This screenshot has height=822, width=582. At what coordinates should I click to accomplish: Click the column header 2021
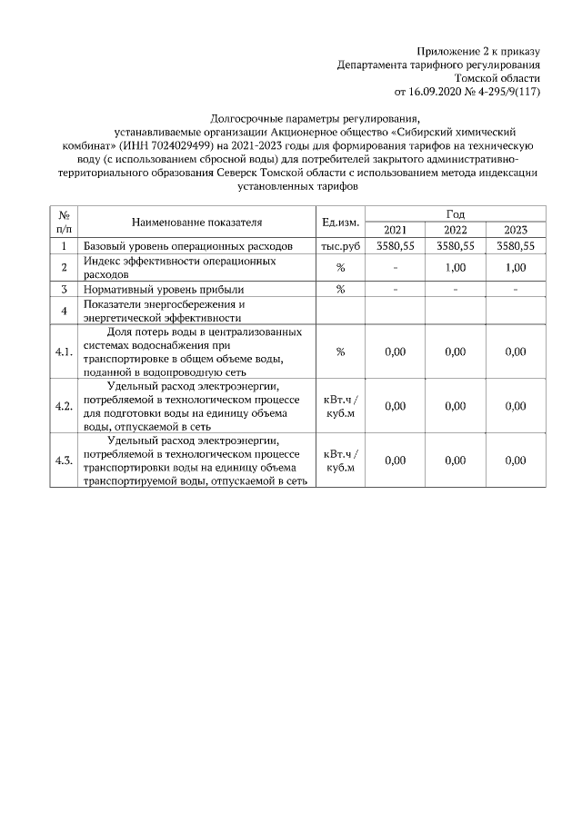pyautogui.click(x=395, y=230)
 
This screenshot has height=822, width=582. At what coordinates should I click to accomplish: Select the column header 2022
pyautogui.click(x=455, y=230)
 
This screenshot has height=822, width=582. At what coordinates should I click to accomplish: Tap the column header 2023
pyautogui.click(x=515, y=230)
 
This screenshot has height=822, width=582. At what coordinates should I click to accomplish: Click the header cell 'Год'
pyautogui.click(x=455, y=213)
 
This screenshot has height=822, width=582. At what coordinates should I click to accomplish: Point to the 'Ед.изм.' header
pyautogui.click(x=340, y=222)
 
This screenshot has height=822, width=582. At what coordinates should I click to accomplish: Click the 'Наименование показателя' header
pyautogui.click(x=196, y=222)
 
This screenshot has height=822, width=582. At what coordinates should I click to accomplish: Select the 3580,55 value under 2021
pyautogui.click(x=395, y=246)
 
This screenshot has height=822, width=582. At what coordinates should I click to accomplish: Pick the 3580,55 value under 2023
pyautogui.click(x=515, y=246)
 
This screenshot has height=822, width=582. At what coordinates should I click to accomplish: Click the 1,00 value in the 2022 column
pyautogui.click(x=455, y=268)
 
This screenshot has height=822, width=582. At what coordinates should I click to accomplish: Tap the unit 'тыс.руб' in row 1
pyautogui.click(x=340, y=246)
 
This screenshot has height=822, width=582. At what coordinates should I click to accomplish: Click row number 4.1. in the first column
pyautogui.click(x=64, y=352)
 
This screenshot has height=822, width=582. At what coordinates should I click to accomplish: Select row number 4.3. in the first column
pyautogui.click(x=64, y=461)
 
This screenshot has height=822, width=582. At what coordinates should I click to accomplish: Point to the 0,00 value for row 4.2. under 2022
pyautogui.click(x=455, y=406)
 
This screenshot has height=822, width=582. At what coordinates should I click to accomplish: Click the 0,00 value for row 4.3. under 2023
pyautogui.click(x=515, y=461)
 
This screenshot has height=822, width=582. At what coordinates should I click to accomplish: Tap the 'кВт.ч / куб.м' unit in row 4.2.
pyautogui.click(x=340, y=406)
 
